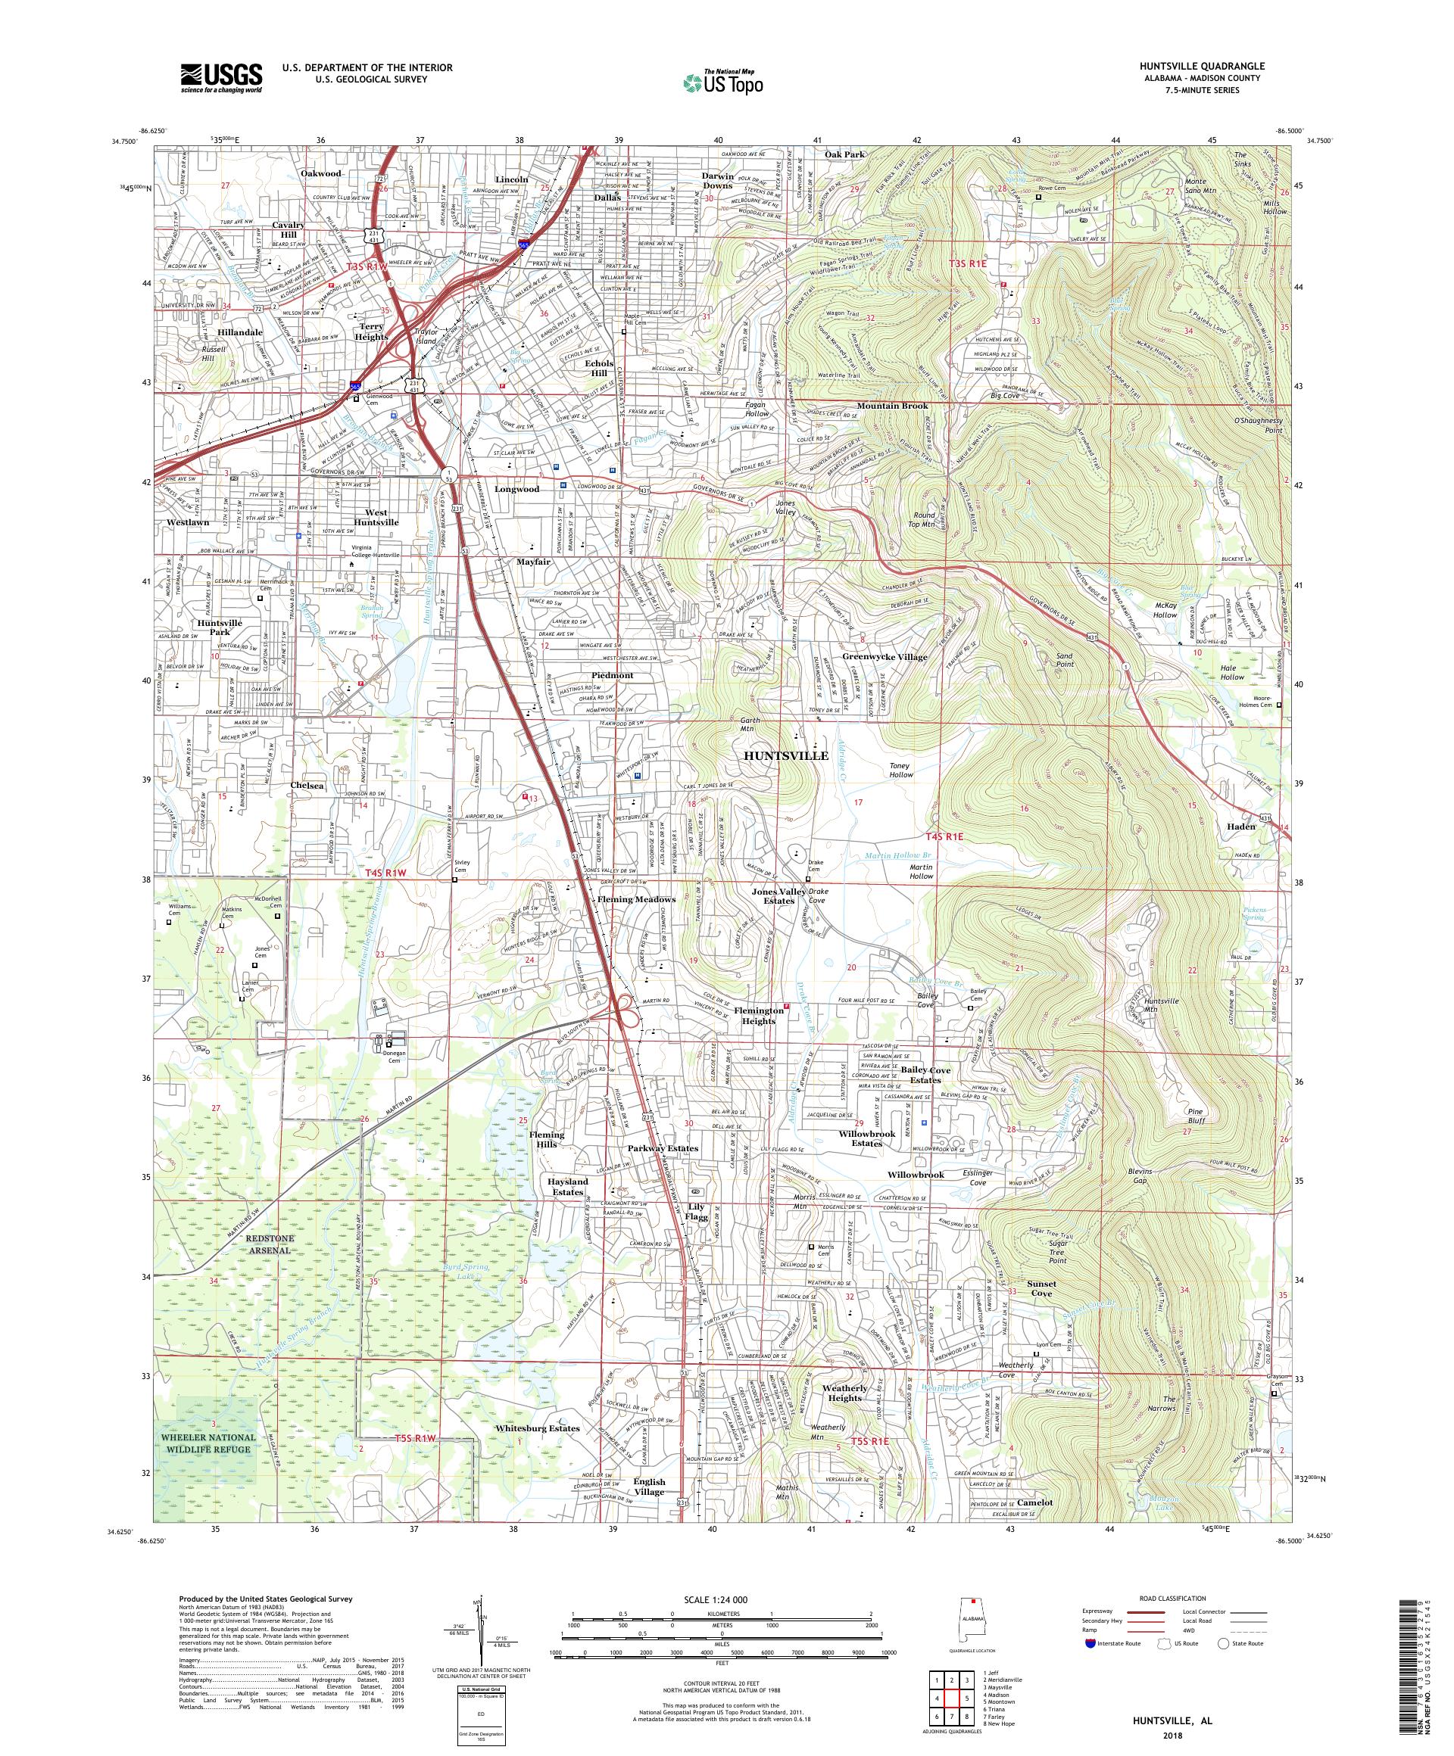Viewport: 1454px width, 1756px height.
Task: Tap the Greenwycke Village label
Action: (885, 656)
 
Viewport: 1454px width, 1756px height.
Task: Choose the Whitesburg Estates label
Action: (536, 1428)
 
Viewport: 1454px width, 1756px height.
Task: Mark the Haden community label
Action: (1241, 827)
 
